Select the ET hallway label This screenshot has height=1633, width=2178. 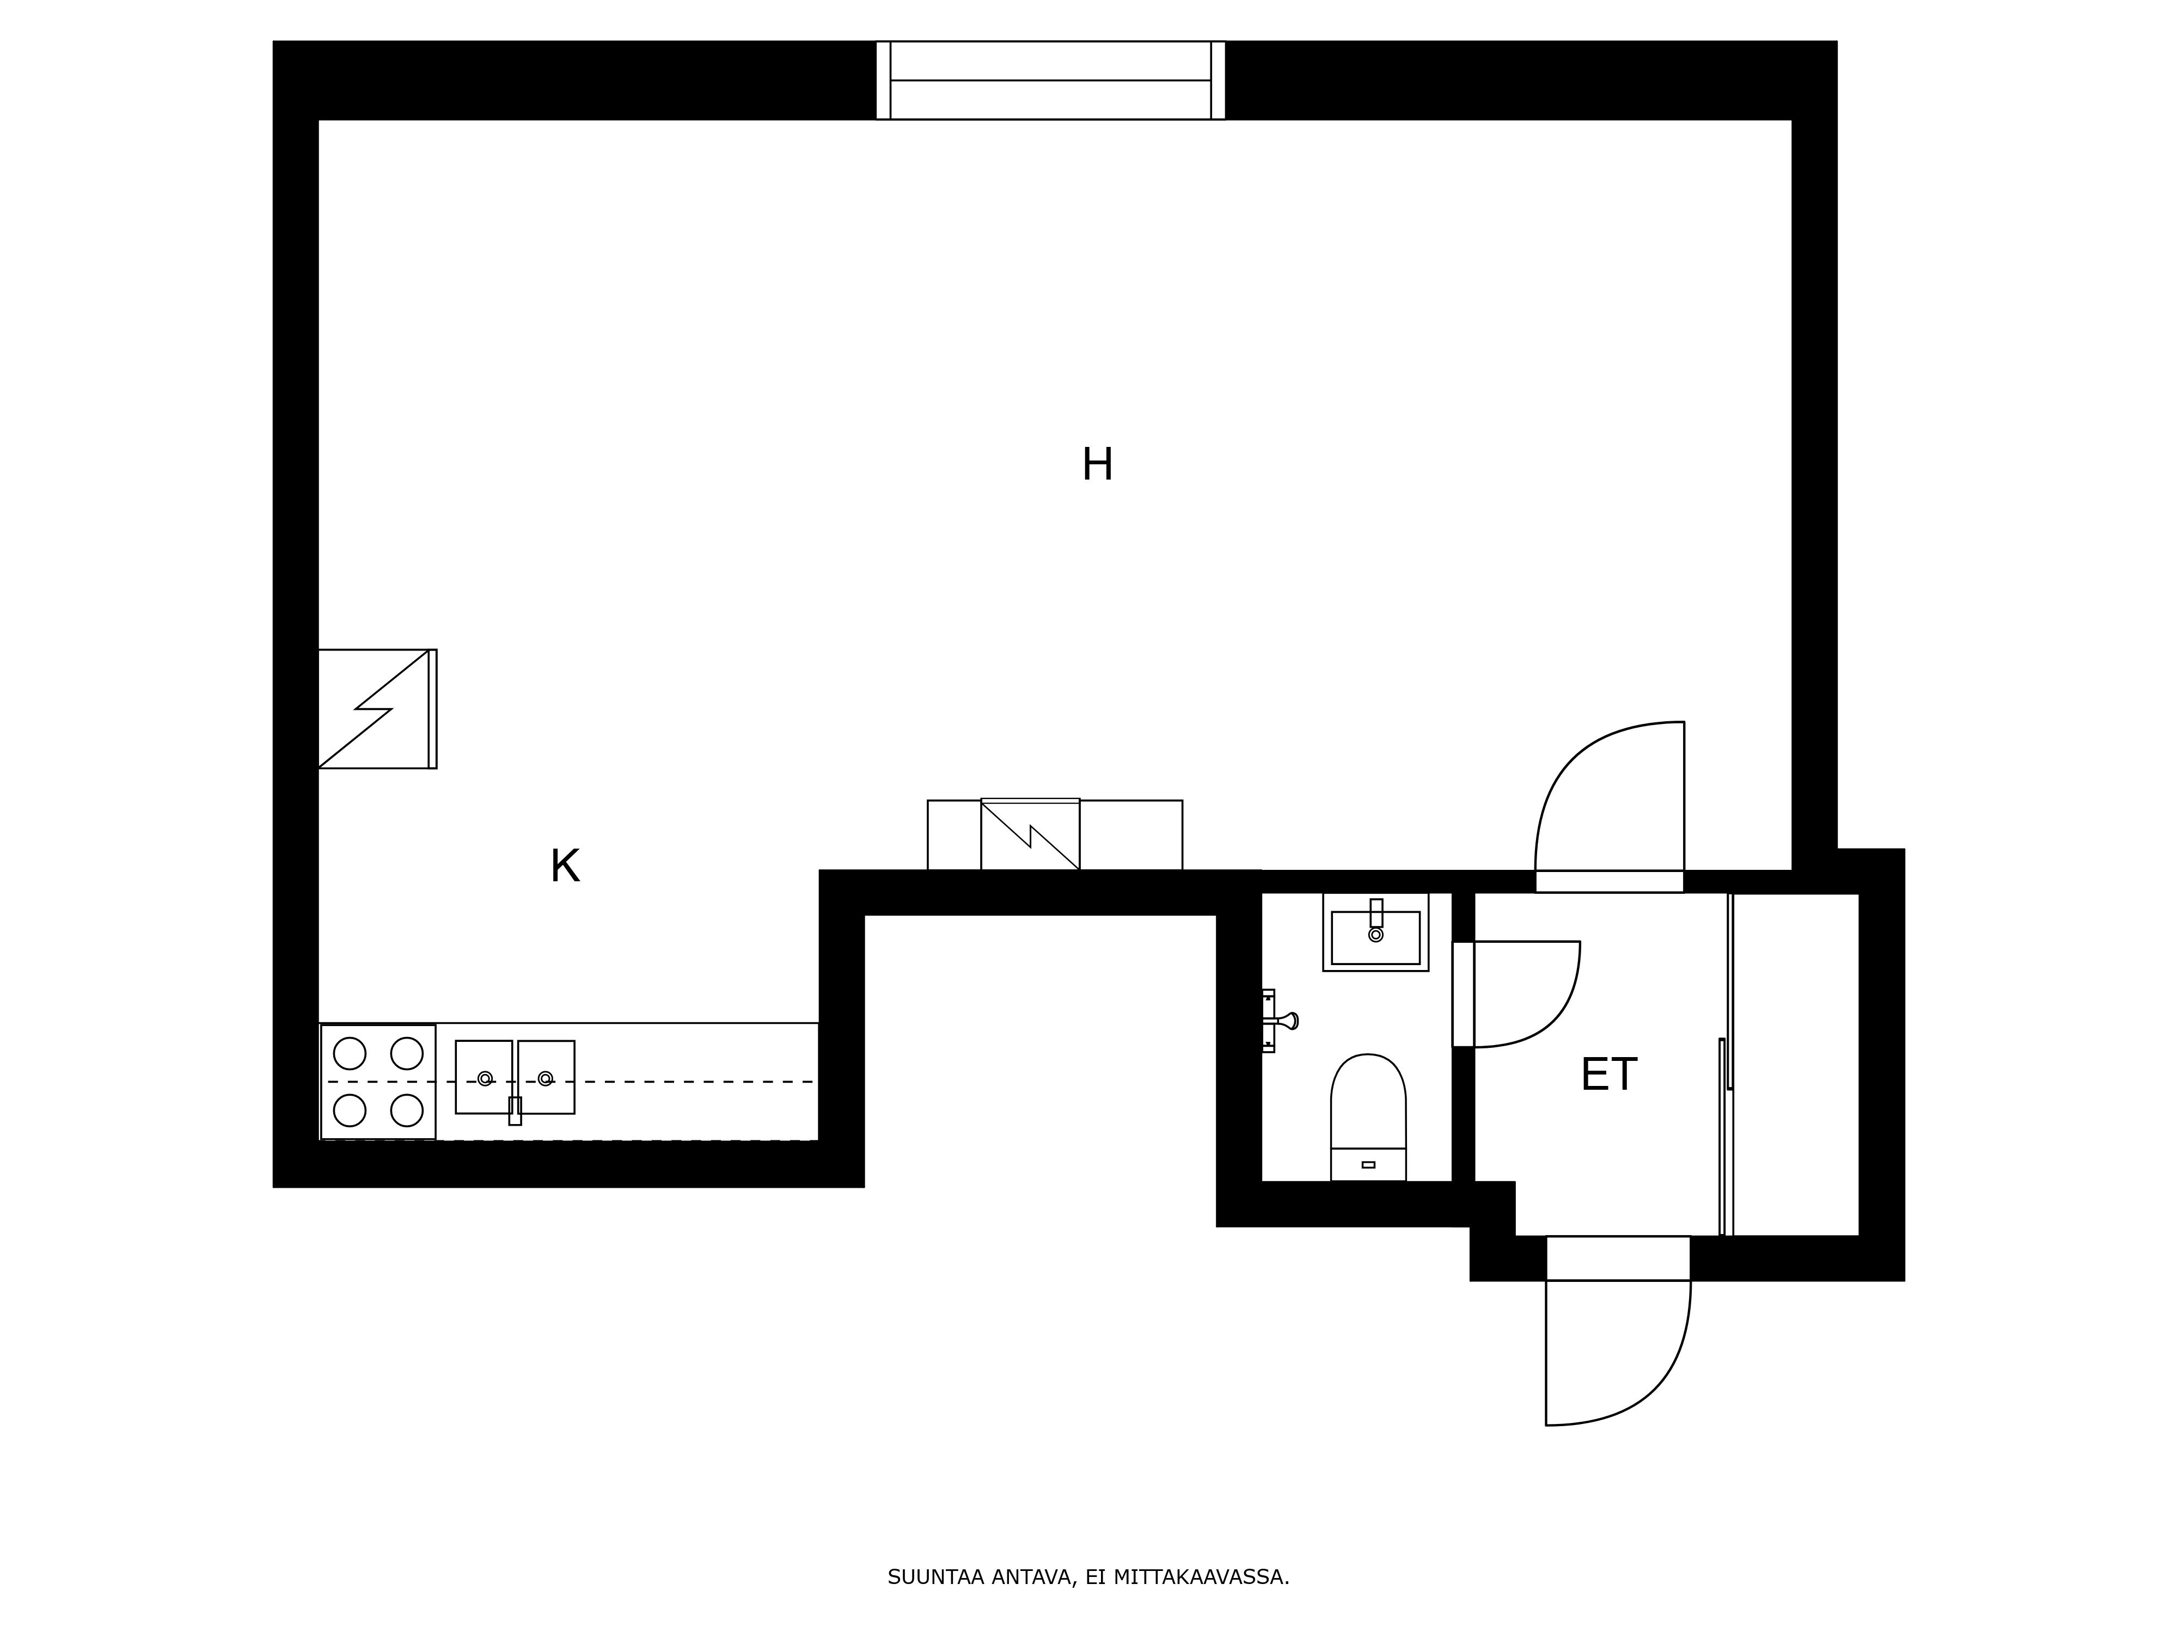pos(1608,1075)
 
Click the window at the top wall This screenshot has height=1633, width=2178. pos(1050,81)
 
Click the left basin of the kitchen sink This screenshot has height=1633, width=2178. pos(484,1077)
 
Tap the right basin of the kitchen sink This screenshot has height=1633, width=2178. pos(547,1077)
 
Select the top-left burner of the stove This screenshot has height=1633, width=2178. pos(350,1053)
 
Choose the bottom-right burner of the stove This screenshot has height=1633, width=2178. pos(407,1110)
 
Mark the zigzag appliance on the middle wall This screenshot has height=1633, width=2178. pos(1030,834)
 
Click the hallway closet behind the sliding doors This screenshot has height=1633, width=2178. pos(1794,1063)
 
